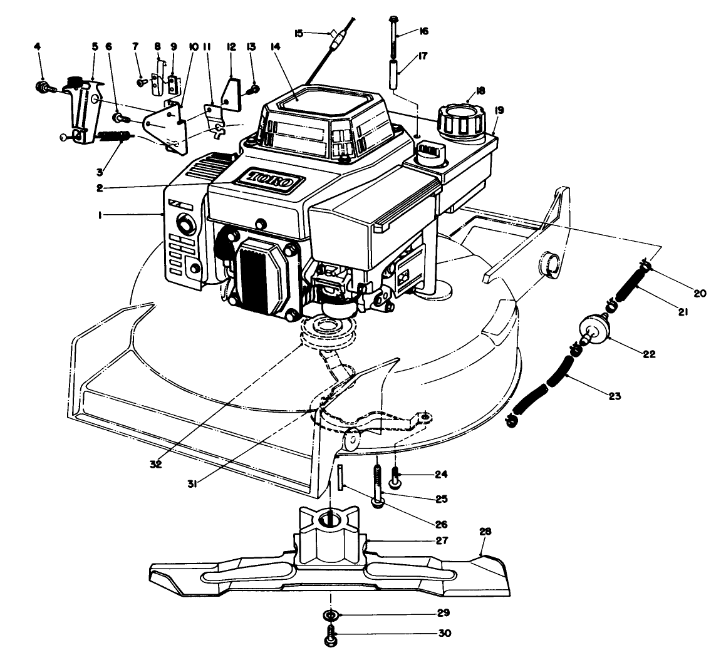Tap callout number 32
tap(155, 464)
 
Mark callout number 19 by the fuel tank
tap(499, 110)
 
